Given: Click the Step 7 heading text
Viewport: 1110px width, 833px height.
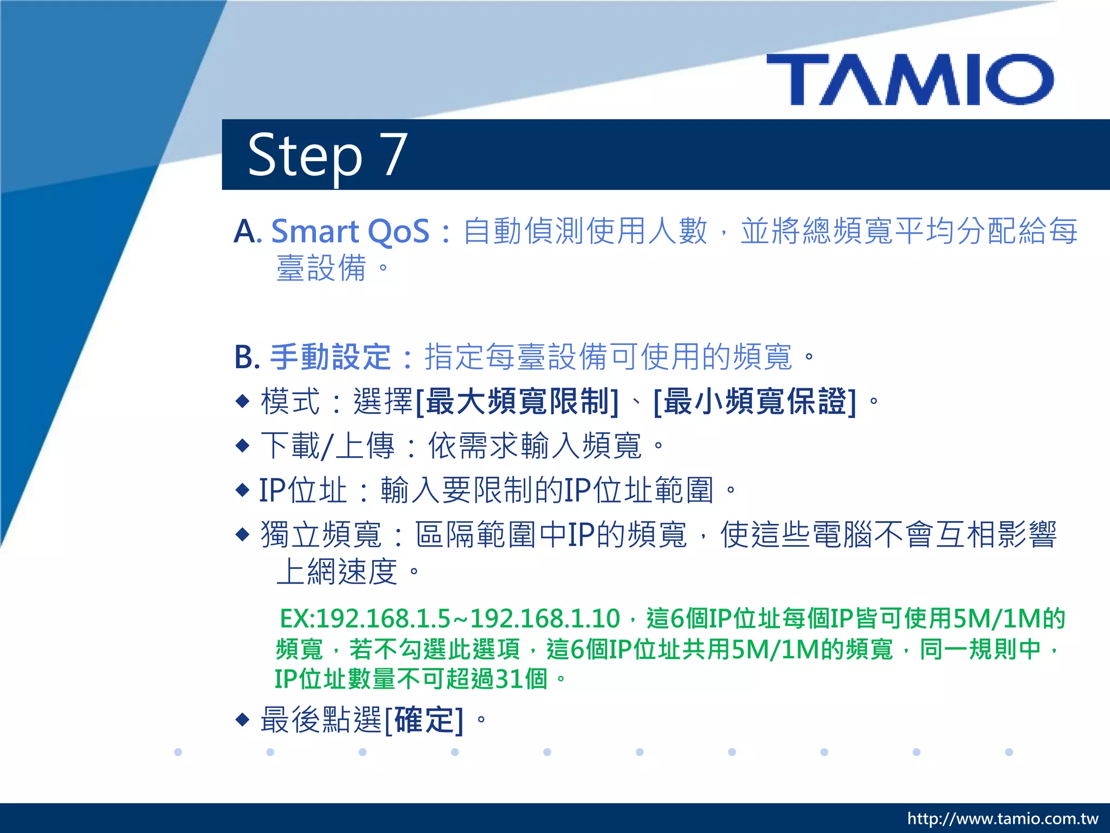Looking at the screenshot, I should [327, 156].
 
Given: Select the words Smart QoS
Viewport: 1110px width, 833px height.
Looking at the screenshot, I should [350, 232].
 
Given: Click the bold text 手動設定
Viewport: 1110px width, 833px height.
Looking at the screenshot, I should [330, 357].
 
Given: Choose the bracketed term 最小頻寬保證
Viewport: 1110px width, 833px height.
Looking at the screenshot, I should [756, 402].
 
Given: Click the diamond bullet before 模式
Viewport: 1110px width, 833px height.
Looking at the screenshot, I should [242, 401].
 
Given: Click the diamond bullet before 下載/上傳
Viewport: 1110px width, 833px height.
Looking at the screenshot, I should [242, 446].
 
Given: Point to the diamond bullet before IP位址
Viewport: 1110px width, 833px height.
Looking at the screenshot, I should [242, 490].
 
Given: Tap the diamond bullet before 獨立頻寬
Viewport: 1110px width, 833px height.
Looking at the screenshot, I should [242, 535].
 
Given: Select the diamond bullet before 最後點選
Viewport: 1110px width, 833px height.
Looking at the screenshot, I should [242, 720].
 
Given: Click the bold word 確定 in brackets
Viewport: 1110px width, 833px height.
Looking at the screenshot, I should [424, 720].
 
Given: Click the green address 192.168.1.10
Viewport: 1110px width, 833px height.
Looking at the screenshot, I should [545, 619].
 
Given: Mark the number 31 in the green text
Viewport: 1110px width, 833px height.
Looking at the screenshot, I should [509, 679].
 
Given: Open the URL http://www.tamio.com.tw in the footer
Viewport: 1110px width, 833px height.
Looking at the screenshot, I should [1003, 818].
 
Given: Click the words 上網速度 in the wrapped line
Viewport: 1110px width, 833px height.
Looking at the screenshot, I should [337, 572].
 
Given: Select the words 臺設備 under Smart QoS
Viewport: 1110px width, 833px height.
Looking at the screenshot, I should [321, 268].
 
